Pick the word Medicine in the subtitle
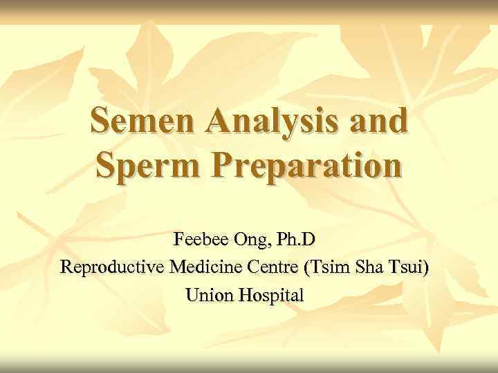(198, 267)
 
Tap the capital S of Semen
(102, 122)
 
